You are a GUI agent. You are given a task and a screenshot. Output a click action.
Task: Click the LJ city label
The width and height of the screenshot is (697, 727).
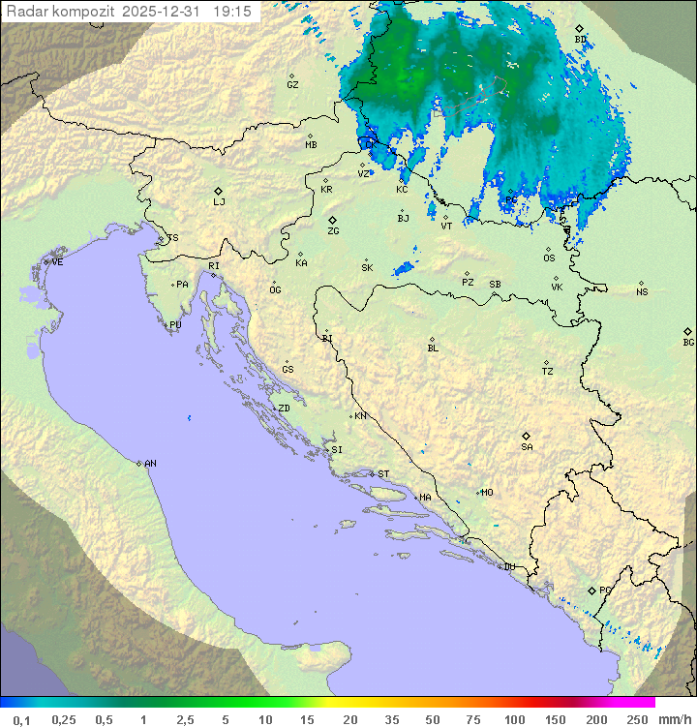[219, 202]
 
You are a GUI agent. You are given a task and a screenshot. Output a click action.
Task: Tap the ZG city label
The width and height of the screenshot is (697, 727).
[333, 231]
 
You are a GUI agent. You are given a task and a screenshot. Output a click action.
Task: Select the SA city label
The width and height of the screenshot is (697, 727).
[527, 446]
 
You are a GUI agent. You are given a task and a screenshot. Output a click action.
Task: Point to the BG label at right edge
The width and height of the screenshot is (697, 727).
[688, 342]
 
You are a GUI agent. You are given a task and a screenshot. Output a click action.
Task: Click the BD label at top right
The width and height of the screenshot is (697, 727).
[580, 40]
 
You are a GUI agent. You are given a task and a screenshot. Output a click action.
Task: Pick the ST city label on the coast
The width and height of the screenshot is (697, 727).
[383, 474]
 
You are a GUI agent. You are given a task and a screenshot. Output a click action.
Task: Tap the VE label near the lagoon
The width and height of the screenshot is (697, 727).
[57, 262]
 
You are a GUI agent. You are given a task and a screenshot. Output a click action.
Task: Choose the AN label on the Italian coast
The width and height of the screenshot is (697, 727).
[150, 464]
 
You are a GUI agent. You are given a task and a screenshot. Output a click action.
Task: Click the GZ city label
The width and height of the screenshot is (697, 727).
[292, 84]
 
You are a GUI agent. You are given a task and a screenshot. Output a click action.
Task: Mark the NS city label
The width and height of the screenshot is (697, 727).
[642, 292]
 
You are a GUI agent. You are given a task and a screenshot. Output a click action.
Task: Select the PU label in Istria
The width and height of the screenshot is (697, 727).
[175, 325]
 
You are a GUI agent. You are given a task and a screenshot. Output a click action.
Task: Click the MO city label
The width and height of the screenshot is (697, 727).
[487, 493]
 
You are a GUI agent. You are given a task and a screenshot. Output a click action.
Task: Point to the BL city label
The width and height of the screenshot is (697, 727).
[433, 348]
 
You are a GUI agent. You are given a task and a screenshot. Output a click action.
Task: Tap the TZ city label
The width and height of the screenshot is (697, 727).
[548, 372]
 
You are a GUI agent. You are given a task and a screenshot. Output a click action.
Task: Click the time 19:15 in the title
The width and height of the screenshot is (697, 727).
[232, 12]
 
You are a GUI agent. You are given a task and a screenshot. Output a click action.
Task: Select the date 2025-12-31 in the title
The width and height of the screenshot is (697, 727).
[165, 12]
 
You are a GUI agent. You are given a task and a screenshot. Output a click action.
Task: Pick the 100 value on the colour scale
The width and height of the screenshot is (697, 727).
[515, 719]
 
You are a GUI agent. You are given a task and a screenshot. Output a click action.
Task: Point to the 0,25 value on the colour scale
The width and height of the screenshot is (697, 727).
[64, 719]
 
